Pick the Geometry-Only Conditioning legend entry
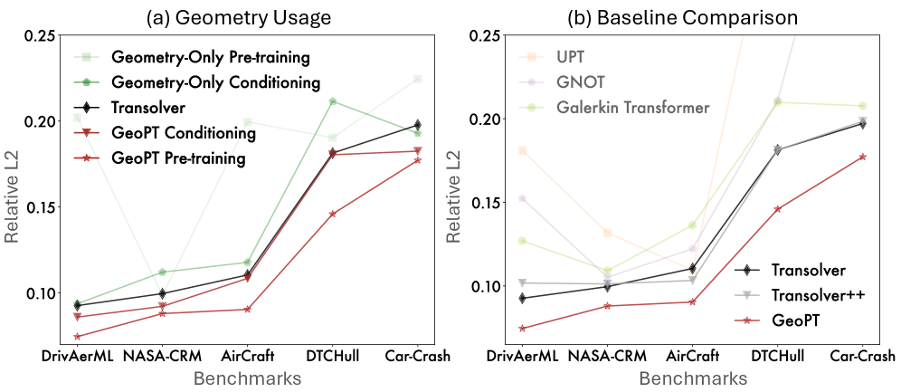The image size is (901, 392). [x=215, y=82]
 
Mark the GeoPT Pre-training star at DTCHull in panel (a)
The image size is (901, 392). [x=333, y=214]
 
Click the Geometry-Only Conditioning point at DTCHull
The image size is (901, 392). [x=333, y=101]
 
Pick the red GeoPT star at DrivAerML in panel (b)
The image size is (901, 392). [x=523, y=329]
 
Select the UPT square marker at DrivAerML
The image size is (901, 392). [x=523, y=150]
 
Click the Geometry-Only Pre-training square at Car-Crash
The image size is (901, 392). [x=417, y=79]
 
